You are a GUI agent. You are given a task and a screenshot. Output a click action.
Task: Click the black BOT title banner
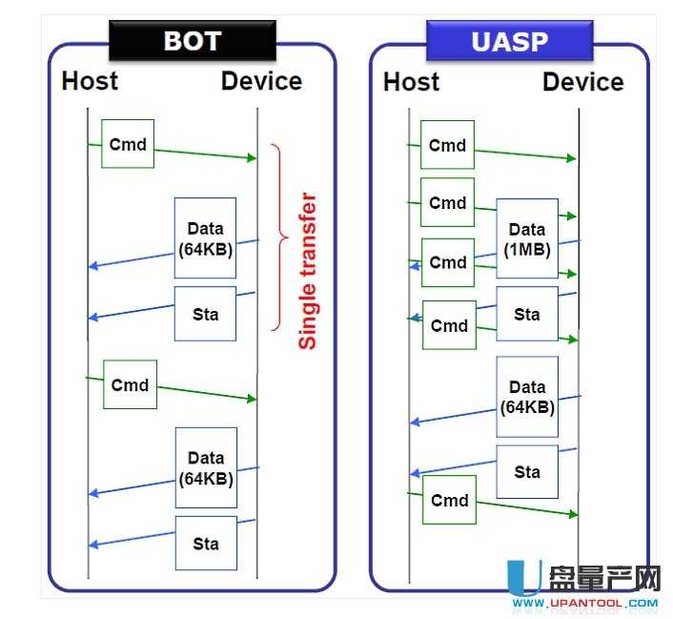click(x=192, y=41)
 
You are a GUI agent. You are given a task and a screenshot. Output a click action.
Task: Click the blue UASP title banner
click(x=509, y=41)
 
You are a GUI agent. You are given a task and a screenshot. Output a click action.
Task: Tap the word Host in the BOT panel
click(x=90, y=81)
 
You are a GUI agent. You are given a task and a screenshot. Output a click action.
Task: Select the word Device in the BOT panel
click(x=261, y=81)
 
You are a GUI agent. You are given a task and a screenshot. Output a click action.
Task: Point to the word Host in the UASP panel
click(x=411, y=82)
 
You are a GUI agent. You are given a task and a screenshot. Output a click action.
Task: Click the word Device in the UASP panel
click(x=582, y=82)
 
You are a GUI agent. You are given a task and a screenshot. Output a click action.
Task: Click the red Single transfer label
click(x=307, y=272)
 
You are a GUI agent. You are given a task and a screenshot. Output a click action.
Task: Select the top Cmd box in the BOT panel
click(x=128, y=144)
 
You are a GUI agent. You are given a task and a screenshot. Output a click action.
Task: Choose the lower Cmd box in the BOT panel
click(x=130, y=384)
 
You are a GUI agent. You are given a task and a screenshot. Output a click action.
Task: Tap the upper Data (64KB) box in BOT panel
click(x=205, y=238)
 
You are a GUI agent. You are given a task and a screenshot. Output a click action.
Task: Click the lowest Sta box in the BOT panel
click(x=206, y=544)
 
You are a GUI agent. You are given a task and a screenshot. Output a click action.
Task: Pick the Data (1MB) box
click(x=526, y=238)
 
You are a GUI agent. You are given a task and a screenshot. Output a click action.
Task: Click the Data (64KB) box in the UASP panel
click(x=527, y=397)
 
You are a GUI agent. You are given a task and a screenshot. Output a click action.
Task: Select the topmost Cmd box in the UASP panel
click(x=447, y=145)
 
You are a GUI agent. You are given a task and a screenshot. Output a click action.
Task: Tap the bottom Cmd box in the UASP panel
click(x=449, y=500)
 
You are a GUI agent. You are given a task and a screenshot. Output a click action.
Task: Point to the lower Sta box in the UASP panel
click(x=527, y=471)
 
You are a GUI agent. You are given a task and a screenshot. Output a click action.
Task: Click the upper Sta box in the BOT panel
click(x=205, y=314)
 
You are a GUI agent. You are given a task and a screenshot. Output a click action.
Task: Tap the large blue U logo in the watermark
click(x=522, y=579)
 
